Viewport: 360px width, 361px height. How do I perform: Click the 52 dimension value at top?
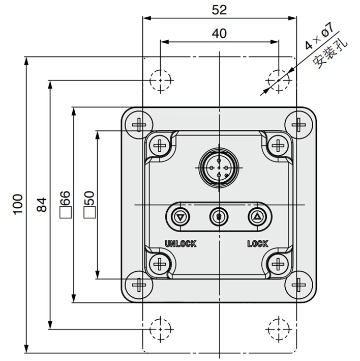[219, 10]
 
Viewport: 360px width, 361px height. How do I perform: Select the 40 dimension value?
[219, 34]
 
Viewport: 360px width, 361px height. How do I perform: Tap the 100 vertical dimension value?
[18, 205]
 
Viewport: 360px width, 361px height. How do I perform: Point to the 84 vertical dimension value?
[42, 205]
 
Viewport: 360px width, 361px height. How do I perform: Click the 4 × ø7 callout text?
[319, 36]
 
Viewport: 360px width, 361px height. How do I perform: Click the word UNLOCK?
[181, 243]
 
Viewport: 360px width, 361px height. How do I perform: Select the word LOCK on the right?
[258, 243]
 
